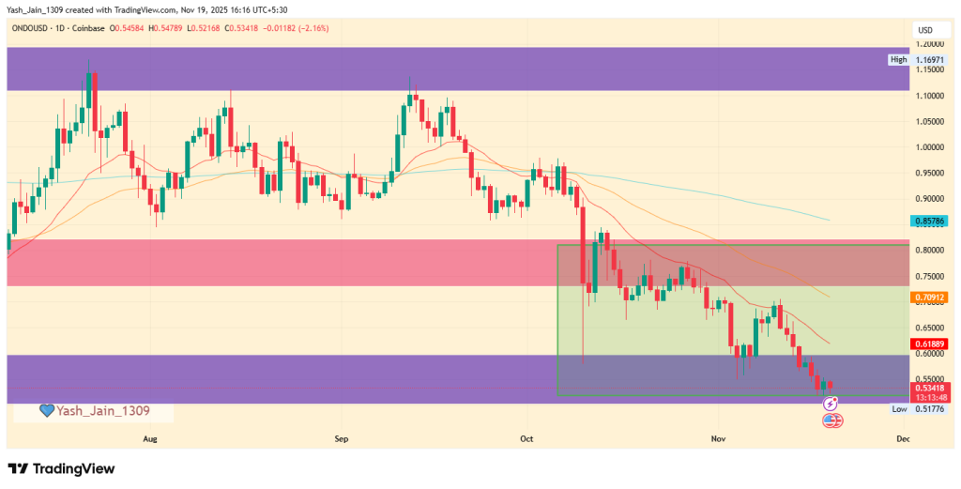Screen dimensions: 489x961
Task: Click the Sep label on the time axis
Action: (x=342, y=438)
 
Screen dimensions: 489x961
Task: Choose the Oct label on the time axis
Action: (x=526, y=438)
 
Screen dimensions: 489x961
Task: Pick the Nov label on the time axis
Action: (x=719, y=438)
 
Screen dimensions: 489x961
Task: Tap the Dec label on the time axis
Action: (x=903, y=438)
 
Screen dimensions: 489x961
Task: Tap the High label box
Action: (x=898, y=60)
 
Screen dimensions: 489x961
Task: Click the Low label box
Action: (x=898, y=409)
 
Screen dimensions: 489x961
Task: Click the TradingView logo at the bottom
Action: (x=61, y=468)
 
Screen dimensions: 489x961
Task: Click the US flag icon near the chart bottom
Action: (x=830, y=420)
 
